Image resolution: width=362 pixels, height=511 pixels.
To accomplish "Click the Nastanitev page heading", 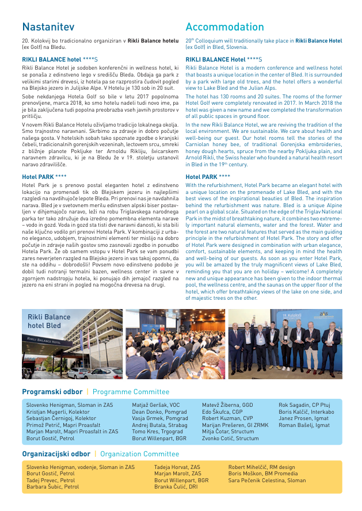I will point(48,27).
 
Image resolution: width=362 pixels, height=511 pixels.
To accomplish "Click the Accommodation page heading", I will point(224,27).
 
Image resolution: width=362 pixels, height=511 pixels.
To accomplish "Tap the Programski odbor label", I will point(52,392).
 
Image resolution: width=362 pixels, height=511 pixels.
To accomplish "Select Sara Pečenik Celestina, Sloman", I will point(267,480).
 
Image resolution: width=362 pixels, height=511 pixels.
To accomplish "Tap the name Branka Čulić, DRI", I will point(176,486).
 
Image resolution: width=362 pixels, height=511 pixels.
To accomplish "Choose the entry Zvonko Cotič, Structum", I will point(230,438).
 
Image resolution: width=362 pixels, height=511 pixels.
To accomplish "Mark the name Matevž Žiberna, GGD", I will point(227,405).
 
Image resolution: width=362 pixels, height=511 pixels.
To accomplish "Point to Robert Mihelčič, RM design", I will point(261,467).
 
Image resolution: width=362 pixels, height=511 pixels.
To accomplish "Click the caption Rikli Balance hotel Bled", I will point(44,321).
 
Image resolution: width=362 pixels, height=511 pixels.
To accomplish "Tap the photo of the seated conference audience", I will point(175,344).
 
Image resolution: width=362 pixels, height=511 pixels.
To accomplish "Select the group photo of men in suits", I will point(285,344).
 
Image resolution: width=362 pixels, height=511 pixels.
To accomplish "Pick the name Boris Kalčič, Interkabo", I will point(306,412).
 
